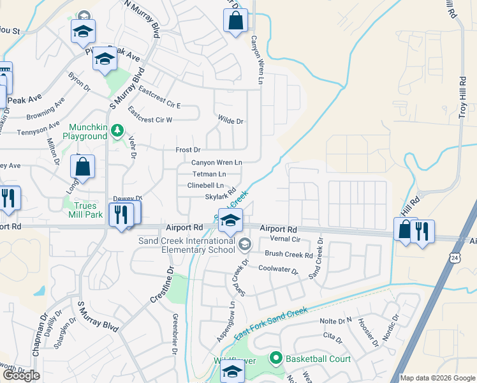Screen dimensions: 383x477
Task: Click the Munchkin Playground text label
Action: [84, 131]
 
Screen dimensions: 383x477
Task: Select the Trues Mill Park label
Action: [85, 211]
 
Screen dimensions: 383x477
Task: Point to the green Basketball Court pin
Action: [275, 359]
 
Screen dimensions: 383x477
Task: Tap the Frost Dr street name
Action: [188, 150]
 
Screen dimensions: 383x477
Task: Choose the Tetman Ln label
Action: [209, 174]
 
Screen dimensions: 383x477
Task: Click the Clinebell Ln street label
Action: [205, 185]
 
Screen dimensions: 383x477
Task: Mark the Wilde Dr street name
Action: [231, 121]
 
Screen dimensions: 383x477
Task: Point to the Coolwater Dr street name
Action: [278, 269]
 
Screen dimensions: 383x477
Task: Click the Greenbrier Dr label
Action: [174, 333]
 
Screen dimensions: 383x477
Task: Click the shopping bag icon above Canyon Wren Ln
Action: [235, 20]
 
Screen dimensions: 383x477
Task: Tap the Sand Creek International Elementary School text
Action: [186, 245]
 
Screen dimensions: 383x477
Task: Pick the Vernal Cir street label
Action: [285, 239]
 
